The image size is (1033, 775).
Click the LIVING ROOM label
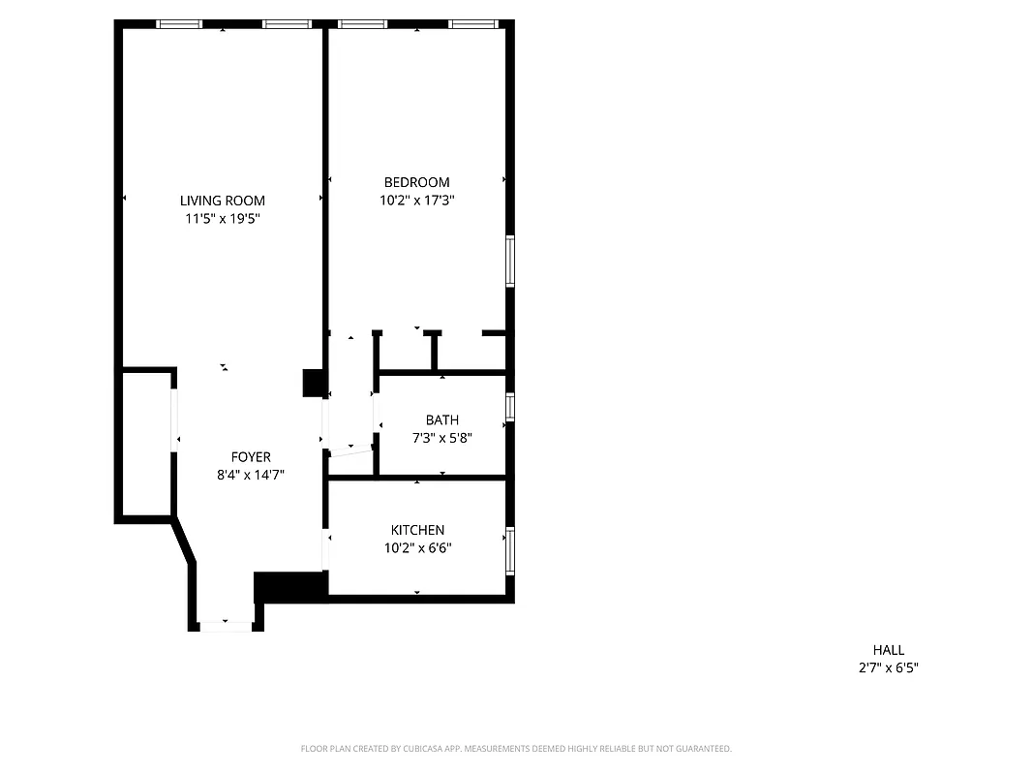coord(222,201)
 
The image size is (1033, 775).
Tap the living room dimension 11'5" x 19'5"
coord(222,219)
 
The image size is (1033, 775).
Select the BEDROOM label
coord(416,182)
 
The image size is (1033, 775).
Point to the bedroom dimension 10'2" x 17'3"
coord(416,201)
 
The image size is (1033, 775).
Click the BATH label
coord(441,419)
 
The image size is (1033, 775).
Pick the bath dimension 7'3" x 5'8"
coord(441,438)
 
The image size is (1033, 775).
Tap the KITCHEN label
coord(417,530)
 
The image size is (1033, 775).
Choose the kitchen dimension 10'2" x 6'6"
coord(417,548)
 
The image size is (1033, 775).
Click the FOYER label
coord(251,456)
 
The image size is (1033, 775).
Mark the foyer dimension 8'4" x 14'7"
coord(251,475)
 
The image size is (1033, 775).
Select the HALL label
coord(888,650)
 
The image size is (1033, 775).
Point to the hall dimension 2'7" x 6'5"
coord(888,667)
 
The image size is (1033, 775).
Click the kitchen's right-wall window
coord(510,550)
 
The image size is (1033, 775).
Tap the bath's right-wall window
coord(510,406)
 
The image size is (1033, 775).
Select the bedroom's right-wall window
coord(510,261)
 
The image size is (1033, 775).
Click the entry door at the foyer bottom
coord(226,626)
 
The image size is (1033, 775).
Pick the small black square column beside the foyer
coord(313,383)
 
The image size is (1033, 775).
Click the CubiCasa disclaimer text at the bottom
coord(516,749)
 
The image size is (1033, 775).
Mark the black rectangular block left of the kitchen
coord(290,586)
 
